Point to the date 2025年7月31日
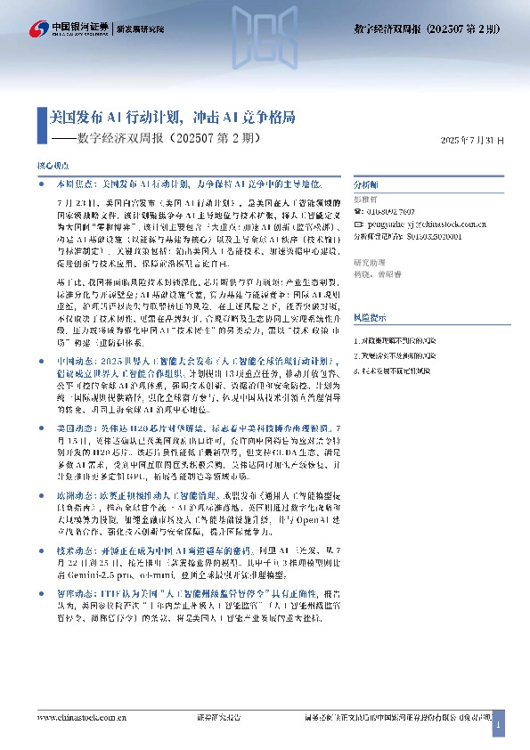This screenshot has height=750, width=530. pyautogui.click(x=472, y=141)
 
